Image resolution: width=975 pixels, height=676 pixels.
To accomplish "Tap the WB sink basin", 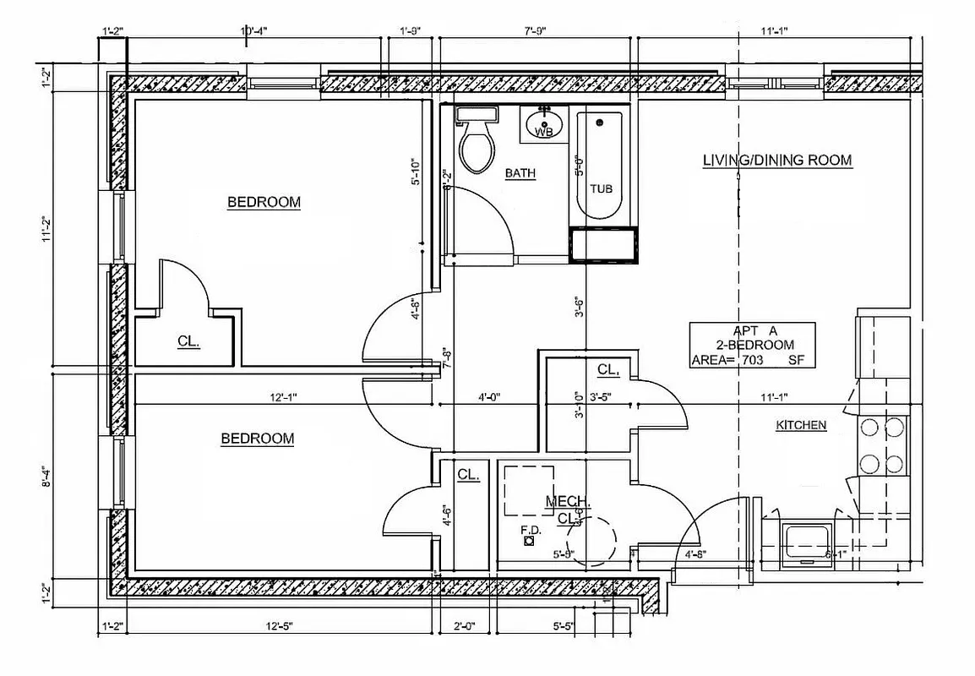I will pyautogui.click(x=545, y=128).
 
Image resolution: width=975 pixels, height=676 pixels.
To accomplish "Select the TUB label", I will pyautogui.click(x=601, y=188).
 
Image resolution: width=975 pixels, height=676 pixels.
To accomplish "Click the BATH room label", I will pyautogui.click(x=520, y=173).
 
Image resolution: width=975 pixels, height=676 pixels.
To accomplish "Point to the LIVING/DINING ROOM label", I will pyautogui.click(x=776, y=160).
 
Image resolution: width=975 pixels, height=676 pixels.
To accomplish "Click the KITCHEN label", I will pyautogui.click(x=801, y=425).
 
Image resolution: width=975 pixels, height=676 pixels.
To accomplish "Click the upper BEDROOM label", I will pyautogui.click(x=264, y=202).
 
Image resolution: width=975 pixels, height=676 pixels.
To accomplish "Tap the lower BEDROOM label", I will pyautogui.click(x=257, y=439).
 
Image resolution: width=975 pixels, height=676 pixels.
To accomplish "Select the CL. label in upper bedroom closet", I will pyautogui.click(x=188, y=342).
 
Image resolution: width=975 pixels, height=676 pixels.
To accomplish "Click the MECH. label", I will pyautogui.click(x=562, y=502).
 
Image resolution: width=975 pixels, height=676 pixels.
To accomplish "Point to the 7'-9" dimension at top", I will pyautogui.click(x=535, y=31).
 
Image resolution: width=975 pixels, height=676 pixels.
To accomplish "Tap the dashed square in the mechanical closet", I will pyautogui.click(x=529, y=490).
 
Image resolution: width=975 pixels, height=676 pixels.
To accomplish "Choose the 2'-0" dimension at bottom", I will pyautogui.click(x=465, y=626).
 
